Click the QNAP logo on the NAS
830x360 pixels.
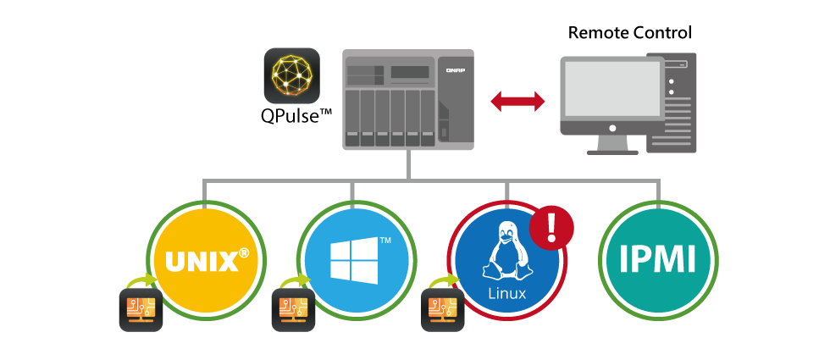455,72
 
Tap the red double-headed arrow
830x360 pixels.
518,102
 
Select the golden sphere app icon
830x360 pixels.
291,75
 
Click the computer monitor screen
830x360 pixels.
611,89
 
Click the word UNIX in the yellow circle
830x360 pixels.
202,262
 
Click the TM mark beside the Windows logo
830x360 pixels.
385,241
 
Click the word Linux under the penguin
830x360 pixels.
506,294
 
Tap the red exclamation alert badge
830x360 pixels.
551,227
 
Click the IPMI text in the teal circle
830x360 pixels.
657,259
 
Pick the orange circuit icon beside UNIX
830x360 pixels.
141,309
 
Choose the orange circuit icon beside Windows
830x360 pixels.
292,309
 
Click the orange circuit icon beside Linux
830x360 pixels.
442,309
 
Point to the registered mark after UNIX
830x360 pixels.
244,252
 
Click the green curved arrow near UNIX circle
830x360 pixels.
141,281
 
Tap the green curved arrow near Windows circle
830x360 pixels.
292,281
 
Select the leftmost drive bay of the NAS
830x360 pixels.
351,117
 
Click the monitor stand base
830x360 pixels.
612,150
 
